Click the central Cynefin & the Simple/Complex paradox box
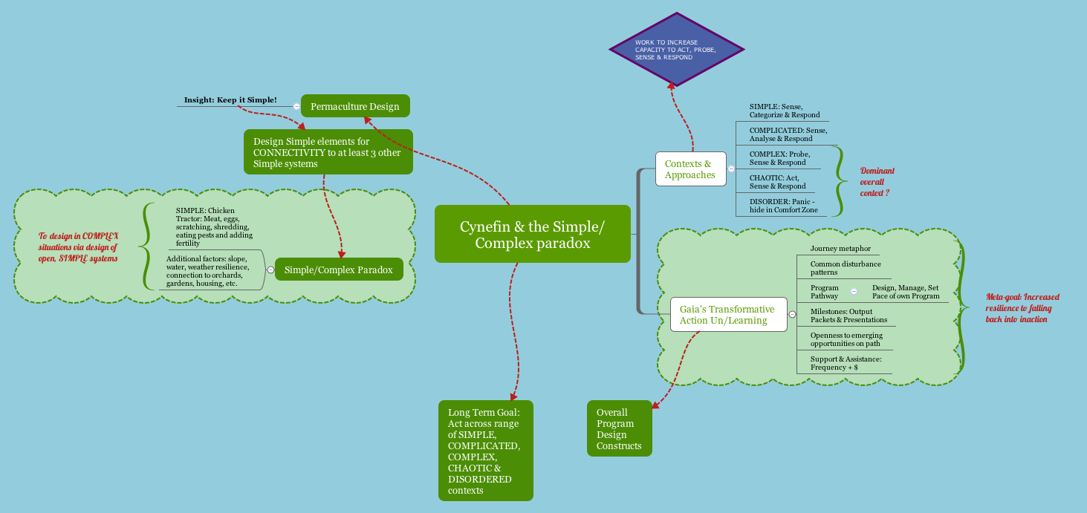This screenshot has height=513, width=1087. coord(532,234)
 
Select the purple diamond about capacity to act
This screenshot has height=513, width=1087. coord(676,48)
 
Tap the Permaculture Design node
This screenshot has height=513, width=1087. coord(355,106)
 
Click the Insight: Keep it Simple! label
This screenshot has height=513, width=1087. coord(230,99)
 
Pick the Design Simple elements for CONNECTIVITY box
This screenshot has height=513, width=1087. coord(328,152)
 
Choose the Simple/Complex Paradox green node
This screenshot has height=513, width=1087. coord(338,269)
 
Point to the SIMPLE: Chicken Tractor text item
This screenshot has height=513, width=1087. coord(214,226)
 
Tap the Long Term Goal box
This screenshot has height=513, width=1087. coord(485,451)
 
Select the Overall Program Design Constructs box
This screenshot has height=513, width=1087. coord(619,428)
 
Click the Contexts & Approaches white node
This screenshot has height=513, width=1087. coord(690,169)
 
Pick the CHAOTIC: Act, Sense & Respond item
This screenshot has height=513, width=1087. coord(777,182)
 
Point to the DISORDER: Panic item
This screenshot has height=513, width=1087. coord(783,206)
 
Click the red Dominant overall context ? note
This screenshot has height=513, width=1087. coord(877,181)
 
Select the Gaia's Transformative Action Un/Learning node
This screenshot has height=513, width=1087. coord(727,315)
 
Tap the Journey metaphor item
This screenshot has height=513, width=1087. coord(840,249)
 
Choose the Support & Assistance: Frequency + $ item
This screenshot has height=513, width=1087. coord(846,363)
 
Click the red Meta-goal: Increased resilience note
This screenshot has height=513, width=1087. coord(1022,307)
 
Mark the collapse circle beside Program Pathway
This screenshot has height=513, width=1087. coord(854,292)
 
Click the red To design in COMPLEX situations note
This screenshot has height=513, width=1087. coord(78,247)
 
